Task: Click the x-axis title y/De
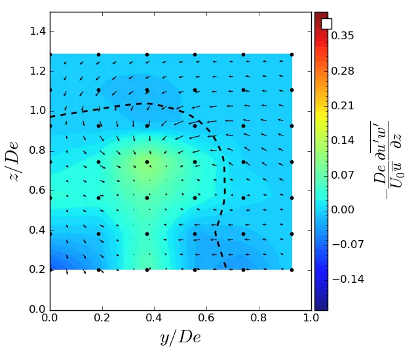point(180,338)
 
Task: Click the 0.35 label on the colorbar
point(342,36)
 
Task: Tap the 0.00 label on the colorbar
point(342,209)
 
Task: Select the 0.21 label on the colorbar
point(342,105)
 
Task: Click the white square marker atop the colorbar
point(326,24)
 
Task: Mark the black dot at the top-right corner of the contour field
point(292,54)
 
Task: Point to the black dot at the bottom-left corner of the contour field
point(50,270)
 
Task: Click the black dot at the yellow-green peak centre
point(147,162)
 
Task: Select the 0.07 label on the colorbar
point(342,175)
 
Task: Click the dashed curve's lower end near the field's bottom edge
point(227,267)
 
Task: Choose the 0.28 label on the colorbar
point(342,71)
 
